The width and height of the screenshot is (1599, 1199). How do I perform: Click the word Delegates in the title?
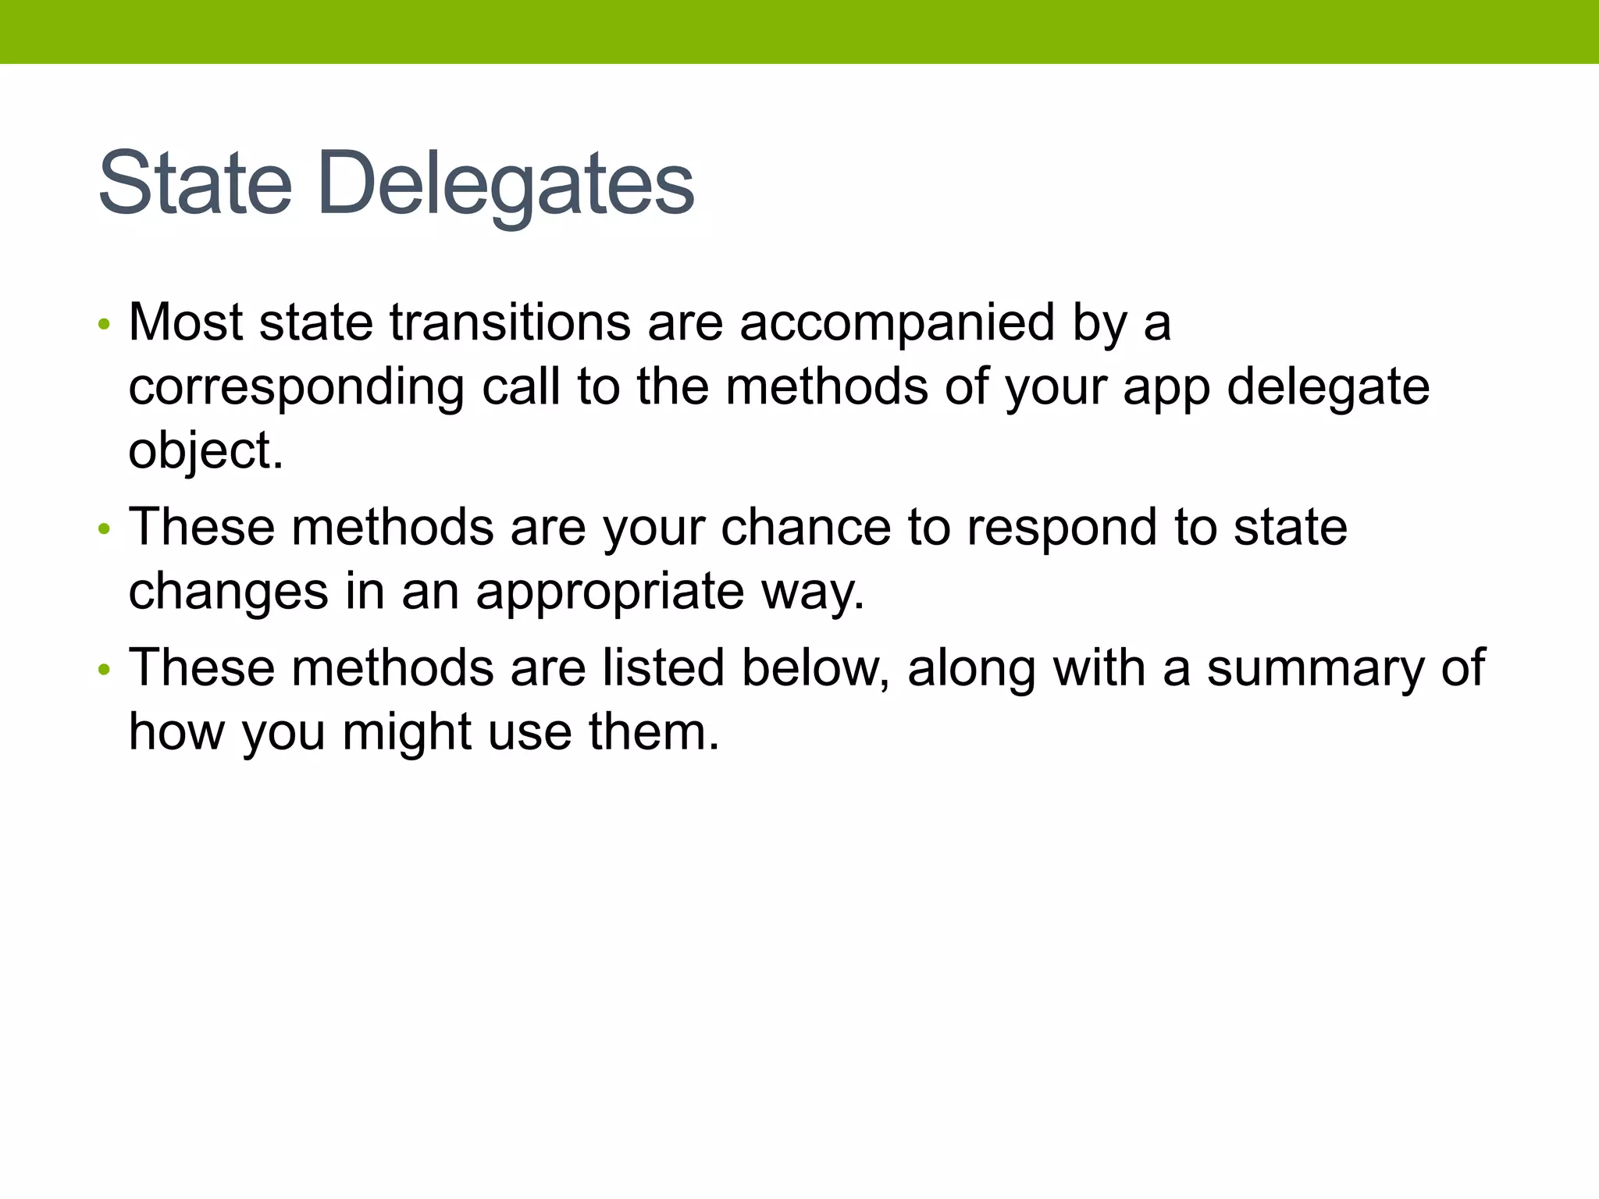click(506, 185)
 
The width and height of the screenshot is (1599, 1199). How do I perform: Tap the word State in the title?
click(195, 183)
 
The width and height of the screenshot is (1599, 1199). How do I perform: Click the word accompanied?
click(897, 323)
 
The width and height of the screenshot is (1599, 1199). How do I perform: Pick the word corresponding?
click(296, 388)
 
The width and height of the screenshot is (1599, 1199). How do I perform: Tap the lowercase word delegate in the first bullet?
click(1328, 388)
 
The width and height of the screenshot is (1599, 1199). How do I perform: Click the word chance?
click(806, 527)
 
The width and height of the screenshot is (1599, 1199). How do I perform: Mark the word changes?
click(228, 592)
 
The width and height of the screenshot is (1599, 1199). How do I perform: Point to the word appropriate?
click(610, 592)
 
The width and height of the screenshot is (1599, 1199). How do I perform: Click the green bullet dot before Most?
click(105, 324)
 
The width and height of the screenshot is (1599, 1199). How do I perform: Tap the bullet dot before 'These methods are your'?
click(105, 529)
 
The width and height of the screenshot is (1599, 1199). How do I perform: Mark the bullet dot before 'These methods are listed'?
click(105, 670)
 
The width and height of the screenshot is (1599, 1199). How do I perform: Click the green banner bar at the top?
click(799, 31)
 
